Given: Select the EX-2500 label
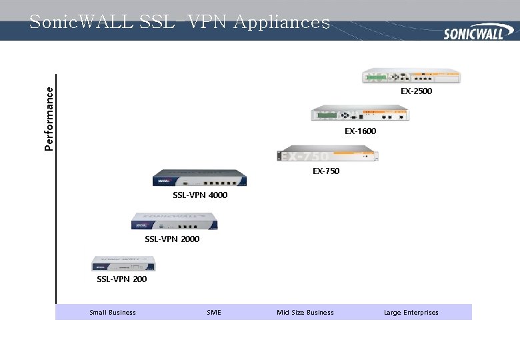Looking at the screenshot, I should click(416, 91).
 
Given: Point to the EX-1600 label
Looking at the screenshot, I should click(360, 131).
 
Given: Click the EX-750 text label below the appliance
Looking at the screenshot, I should click(326, 171).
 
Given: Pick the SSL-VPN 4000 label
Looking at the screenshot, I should click(200, 195).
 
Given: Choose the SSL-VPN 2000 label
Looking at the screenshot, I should click(172, 239).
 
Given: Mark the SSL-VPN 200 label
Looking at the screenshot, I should click(122, 279).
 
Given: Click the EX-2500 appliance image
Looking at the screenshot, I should click(411, 76).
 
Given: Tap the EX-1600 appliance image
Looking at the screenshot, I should click(360, 113).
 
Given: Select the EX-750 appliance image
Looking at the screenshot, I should click(328, 155).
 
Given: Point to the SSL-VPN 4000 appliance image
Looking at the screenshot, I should click(200, 179).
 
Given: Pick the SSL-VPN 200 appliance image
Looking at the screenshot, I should click(123, 263).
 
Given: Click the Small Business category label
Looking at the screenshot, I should click(113, 313).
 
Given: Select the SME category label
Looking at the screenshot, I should click(214, 313).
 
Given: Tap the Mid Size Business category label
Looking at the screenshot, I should click(305, 313).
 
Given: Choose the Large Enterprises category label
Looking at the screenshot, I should click(411, 313).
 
